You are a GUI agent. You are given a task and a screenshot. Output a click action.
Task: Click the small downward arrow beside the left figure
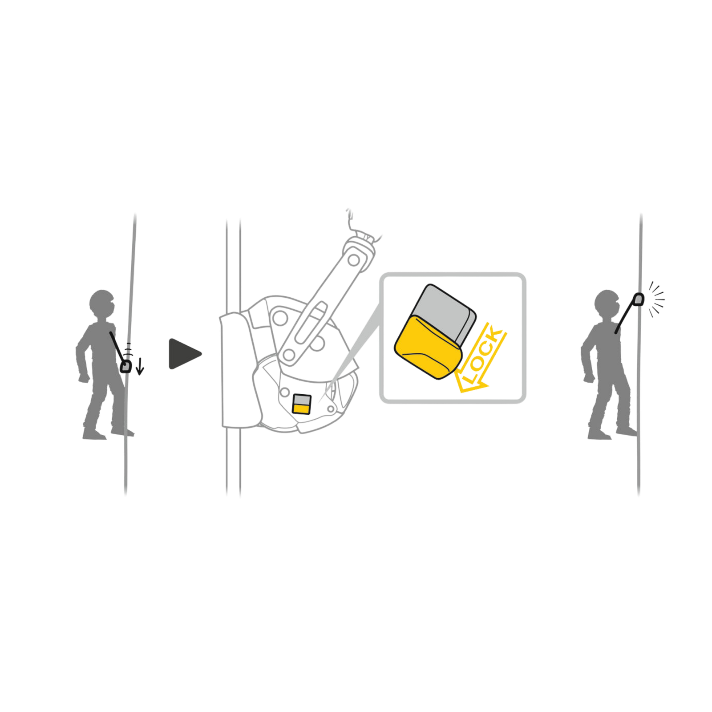[140, 366]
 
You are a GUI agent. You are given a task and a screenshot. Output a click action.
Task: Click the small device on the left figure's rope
[126, 366]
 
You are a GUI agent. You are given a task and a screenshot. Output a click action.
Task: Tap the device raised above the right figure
[638, 299]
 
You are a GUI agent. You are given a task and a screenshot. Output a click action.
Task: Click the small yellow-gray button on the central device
[301, 404]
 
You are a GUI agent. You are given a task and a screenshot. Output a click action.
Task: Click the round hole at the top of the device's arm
[353, 260]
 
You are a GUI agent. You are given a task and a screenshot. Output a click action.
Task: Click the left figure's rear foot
[94, 434]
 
